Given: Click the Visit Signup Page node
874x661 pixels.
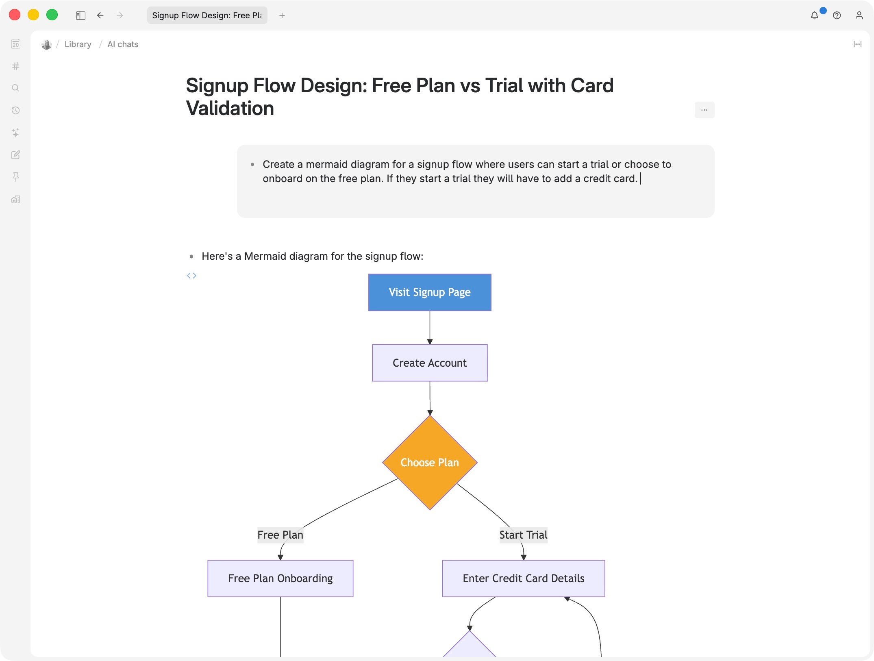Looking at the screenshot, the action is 430,292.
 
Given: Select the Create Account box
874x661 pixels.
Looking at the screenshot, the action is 430,363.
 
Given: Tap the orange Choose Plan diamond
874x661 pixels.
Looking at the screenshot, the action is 430,463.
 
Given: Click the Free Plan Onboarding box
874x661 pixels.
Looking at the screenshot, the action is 280,578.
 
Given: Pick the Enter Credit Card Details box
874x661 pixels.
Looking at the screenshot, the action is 524,578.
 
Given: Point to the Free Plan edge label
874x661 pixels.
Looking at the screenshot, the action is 280,535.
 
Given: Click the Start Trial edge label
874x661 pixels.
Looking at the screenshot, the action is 524,535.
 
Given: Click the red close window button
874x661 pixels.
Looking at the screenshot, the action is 15,15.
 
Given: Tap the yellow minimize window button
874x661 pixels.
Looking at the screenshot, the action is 33,15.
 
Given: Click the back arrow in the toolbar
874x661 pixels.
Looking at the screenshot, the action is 100,15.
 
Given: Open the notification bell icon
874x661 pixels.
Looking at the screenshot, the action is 815,15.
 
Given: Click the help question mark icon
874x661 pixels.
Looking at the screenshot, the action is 837,15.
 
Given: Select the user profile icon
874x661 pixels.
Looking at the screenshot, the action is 859,15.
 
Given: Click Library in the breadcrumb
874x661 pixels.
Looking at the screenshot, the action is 78,44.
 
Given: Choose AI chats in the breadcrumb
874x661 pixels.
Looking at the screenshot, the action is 123,44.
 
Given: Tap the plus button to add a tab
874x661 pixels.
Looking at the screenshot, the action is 282,15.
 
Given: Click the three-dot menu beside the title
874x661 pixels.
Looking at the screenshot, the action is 704,110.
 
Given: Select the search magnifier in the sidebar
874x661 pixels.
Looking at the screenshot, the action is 15,88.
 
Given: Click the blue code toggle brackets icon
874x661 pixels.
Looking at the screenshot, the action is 191,276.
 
